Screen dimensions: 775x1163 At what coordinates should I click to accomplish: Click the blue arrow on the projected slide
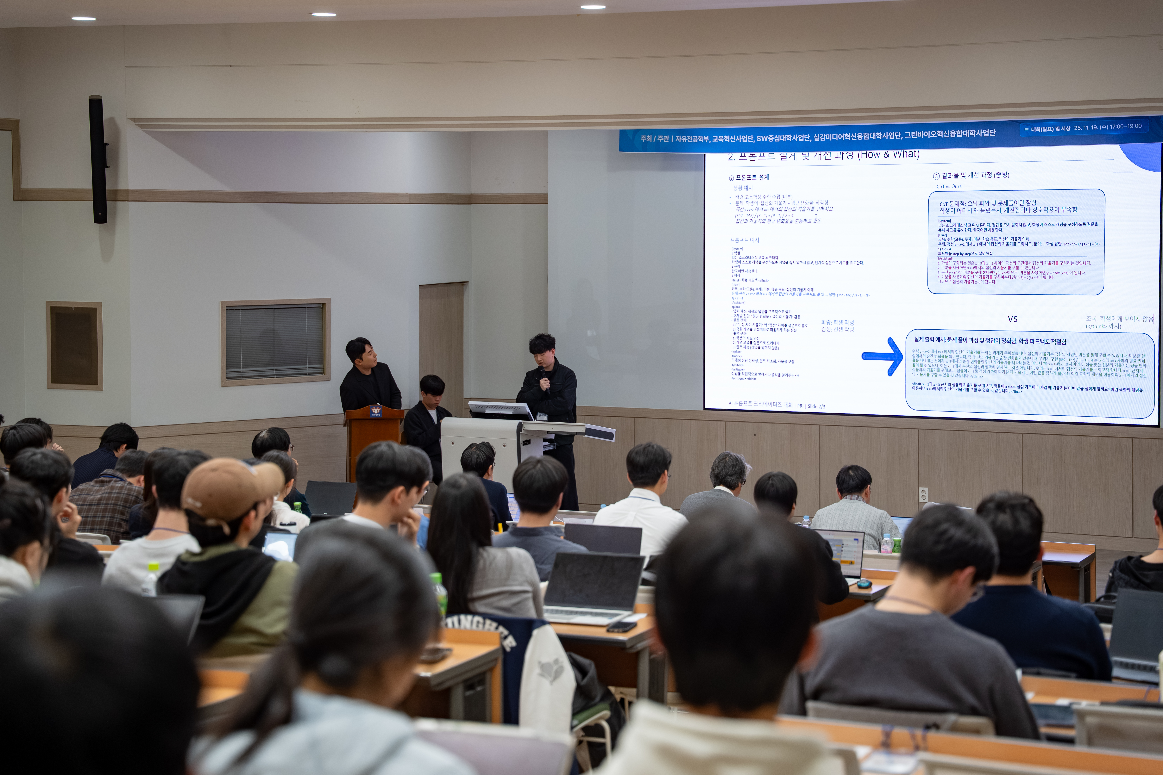[x=883, y=356]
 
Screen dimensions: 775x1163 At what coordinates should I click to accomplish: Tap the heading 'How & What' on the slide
[x=889, y=154]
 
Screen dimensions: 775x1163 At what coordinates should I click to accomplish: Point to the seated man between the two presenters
[x=428, y=415]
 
